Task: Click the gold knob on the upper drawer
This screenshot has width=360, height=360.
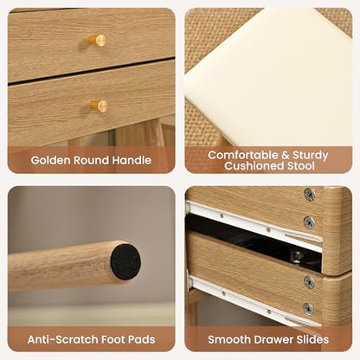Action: point(97,41)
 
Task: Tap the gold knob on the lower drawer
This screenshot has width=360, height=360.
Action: point(99,106)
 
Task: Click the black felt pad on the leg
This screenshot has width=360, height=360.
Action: point(125,262)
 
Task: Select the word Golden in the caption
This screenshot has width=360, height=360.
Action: point(50,160)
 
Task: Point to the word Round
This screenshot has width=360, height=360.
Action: point(92,160)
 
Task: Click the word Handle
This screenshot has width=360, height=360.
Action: point(132,160)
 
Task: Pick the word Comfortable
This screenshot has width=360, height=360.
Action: point(243,155)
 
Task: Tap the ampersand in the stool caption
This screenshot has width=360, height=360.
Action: point(286,155)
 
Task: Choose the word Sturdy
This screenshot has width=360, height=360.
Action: point(311,156)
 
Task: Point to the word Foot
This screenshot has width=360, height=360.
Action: point(111,339)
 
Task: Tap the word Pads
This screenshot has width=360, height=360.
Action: point(142,339)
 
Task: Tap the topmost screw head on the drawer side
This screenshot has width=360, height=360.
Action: point(310,195)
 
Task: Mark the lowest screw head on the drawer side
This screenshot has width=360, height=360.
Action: point(309,309)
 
